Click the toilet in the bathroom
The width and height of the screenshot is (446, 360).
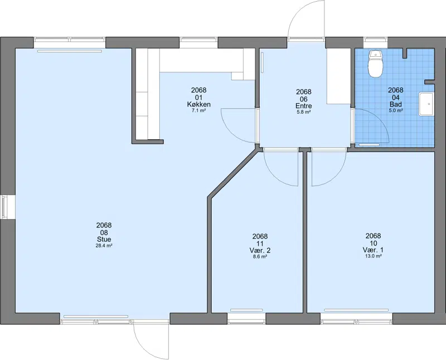coord(375,64)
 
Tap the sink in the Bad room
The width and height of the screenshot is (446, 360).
coord(426,104)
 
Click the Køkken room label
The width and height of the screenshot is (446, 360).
coord(198,104)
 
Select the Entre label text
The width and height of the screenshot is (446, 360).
coord(304,106)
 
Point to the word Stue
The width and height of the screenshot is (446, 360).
coord(104,239)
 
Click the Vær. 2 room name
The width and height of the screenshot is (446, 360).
coord(260,250)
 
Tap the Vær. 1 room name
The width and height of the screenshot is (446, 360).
coord(373,250)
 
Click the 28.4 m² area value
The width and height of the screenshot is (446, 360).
coord(104,246)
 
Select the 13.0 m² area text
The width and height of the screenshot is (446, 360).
coord(373,256)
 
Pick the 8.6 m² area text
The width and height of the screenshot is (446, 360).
coord(260,256)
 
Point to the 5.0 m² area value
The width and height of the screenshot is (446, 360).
coord(396,110)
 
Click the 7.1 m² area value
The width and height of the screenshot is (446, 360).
coord(198,110)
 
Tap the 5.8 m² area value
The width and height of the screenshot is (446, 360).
coord(304,112)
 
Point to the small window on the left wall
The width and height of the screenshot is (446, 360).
coord(4,207)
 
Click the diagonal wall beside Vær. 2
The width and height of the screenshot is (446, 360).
coord(232,174)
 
